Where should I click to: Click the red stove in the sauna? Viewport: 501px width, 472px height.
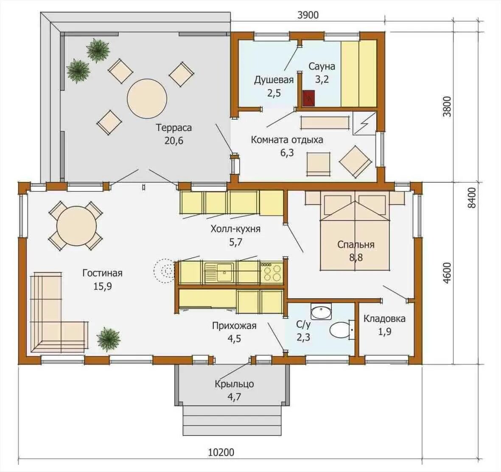pyautogui.click(x=309, y=98)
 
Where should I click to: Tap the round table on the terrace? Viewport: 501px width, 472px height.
pyautogui.click(x=147, y=98)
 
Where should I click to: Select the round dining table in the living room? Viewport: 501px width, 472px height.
pyautogui.click(x=76, y=226)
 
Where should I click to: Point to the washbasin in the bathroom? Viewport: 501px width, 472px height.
pyautogui.click(x=321, y=312)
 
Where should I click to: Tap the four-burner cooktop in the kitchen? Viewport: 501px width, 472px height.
pyautogui.click(x=271, y=272)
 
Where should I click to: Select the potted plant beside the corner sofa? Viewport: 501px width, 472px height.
pyautogui.click(x=109, y=338)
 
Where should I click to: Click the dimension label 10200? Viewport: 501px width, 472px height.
pyautogui.click(x=221, y=452)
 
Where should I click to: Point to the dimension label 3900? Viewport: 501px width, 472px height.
pyautogui.click(x=308, y=15)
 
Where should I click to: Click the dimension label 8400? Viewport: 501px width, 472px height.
pyautogui.click(x=472, y=198)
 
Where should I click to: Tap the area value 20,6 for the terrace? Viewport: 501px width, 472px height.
pyautogui.click(x=174, y=140)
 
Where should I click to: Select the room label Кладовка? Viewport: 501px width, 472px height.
pyautogui.click(x=384, y=318)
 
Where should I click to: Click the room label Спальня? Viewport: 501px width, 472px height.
pyautogui.click(x=355, y=244)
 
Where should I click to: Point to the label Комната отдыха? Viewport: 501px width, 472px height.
pyautogui.click(x=287, y=140)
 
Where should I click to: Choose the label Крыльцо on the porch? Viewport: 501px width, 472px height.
pyautogui.click(x=234, y=384)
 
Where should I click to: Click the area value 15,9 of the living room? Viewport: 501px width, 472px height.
pyautogui.click(x=103, y=286)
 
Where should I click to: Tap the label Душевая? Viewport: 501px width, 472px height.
pyautogui.click(x=274, y=80)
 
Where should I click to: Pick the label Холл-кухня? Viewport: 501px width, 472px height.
pyautogui.click(x=235, y=229)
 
